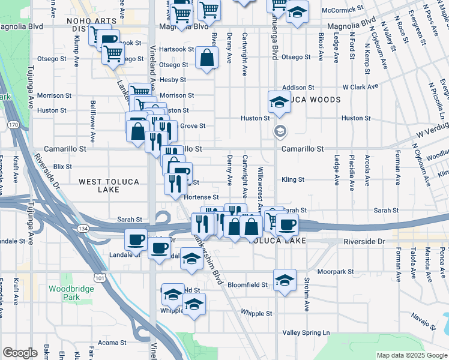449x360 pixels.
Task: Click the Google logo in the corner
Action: [20, 353]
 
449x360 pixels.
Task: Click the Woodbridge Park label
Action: [64, 293]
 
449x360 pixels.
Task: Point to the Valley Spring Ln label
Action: [307, 332]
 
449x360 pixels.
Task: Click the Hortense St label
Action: [201, 197]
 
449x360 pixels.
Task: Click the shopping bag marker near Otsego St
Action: [206, 58]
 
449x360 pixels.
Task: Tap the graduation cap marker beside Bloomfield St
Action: [285, 280]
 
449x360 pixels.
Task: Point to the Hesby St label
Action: [173, 79]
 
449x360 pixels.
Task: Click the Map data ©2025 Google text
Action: [412, 355]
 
